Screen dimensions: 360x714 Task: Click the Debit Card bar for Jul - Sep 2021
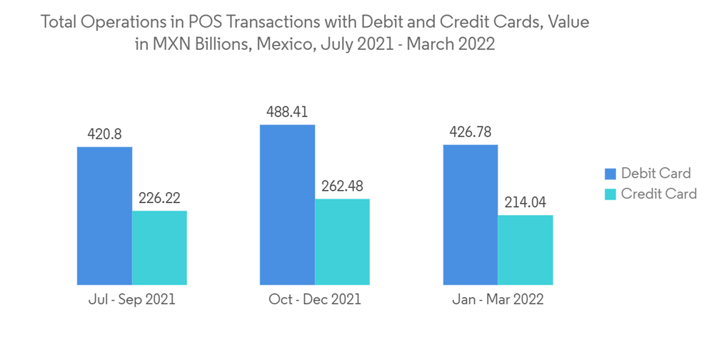pos(104,216)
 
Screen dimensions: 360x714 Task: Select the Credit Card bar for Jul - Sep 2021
pos(159,248)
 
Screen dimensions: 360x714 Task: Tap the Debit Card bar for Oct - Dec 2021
pos(287,205)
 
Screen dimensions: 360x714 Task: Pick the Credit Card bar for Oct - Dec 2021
pos(342,242)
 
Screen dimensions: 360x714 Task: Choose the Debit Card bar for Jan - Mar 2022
pos(470,214)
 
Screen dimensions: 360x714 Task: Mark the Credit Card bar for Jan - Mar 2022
pos(525,250)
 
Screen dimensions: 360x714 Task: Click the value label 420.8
pos(104,134)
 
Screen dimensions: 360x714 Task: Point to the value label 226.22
pos(159,198)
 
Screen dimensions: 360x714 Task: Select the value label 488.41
pos(287,112)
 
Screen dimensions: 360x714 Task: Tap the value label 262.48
pos(342,186)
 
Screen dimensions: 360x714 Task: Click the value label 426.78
pos(470,131)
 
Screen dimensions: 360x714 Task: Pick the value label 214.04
pos(525,202)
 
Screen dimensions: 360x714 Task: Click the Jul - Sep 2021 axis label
pos(132,299)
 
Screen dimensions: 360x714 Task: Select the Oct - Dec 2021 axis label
pos(315,299)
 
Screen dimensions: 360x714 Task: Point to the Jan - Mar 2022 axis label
pos(498,299)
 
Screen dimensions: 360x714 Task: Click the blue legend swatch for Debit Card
pos(610,174)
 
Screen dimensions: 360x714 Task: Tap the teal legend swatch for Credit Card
pos(610,194)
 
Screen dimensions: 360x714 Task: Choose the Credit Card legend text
pos(658,194)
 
